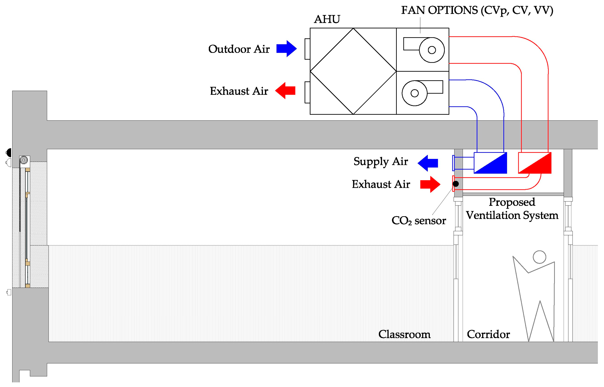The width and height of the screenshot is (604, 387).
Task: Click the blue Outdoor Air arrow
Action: pos(286,49)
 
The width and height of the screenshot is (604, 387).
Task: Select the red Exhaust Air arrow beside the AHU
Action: pos(285,91)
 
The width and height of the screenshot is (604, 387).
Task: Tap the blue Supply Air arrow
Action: pos(428,163)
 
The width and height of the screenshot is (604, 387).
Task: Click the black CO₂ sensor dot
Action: pos(456,184)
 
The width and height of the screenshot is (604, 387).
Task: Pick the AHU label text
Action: pos(327,19)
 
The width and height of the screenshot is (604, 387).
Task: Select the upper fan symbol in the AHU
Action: pos(424,50)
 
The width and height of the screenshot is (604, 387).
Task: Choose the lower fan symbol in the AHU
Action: pos(422,93)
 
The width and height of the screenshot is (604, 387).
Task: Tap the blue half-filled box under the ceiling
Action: pos(490,163)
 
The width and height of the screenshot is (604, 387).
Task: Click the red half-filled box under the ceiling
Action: pos(535,163)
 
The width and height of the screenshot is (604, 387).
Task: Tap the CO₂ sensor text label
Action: pos(419,221)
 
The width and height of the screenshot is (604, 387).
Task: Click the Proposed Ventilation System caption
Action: pos(512,209)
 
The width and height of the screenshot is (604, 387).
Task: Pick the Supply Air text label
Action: pos(381,162)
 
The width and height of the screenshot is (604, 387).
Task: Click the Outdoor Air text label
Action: pos(239,49)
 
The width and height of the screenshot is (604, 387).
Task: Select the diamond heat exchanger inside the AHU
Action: pos(353,71)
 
